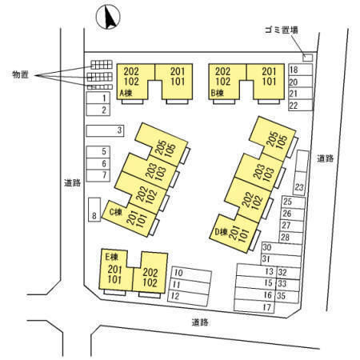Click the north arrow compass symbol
click(108, 17)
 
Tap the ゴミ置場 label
click(282, 30)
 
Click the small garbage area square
click(308, 58)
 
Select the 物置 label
click(20, 74)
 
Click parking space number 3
click(105, 130)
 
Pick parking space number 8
click(94, 210)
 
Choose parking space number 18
click(301, 70)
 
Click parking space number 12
click(188, 298)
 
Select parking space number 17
click(254, 306)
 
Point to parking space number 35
click(288, 296)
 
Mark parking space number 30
click(282, 248)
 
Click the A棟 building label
click(126, 93)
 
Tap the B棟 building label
click(218, 93)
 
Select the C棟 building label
click(116, 212)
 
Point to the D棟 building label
click(222, 232)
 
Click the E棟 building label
click(111, 257)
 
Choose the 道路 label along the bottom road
click(200, 322)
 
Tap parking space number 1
click(98, 98)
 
